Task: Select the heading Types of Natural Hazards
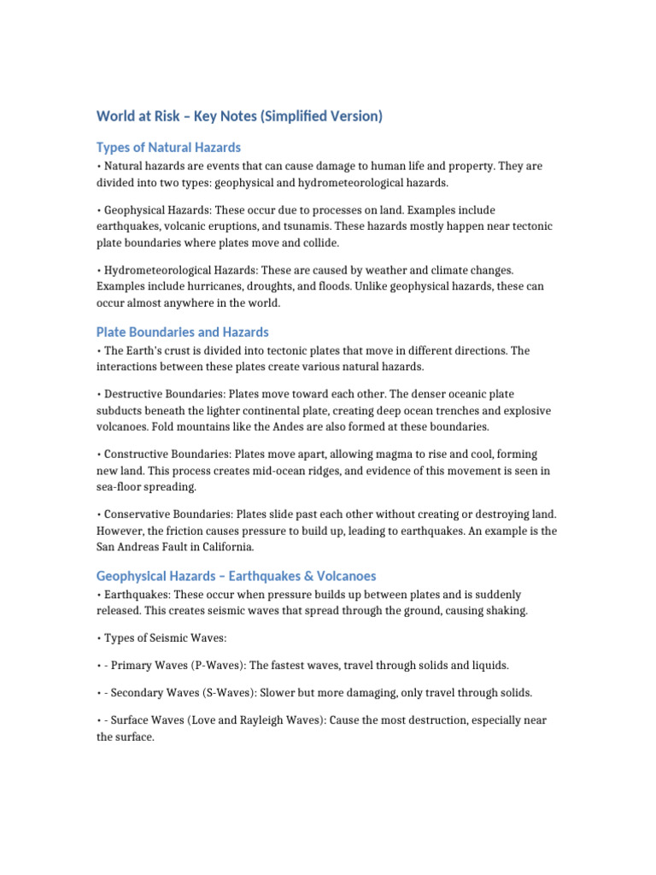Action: pyautogui.click(x=168, y=148)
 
